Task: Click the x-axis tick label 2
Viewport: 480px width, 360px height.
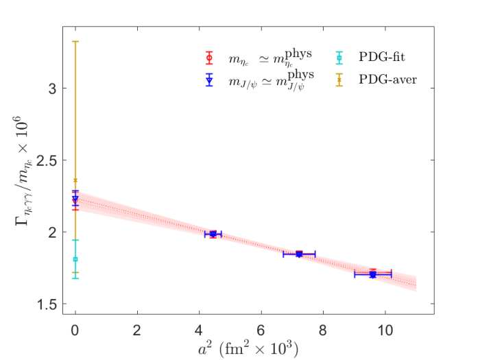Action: (x=137, y=331)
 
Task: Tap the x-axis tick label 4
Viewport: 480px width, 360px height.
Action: (x=199, y=331)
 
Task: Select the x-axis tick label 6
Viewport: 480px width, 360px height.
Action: (x=261, y=331)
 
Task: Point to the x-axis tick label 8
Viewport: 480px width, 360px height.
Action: (x=323, y=331)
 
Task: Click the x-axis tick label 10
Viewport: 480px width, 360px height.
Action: (x=385, y=331)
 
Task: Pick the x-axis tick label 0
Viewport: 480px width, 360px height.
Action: (x=75, y=331)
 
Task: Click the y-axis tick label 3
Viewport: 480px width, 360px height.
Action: (x=53, y=88)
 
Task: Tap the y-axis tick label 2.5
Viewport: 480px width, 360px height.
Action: (x=47, y=160)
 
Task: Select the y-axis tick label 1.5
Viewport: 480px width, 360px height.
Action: (x=47, y=304)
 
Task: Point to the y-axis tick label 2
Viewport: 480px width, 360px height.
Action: (x=53, y=232)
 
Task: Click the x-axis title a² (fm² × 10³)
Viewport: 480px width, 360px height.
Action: (x=248, y=348)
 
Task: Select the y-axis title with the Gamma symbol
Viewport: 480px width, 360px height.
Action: (x=22, y=171)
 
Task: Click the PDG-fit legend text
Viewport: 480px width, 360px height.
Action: (x=382, y=57)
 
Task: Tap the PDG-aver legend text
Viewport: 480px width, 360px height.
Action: (x=388, y=80)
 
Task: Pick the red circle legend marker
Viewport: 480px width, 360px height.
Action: (x=209, y=58)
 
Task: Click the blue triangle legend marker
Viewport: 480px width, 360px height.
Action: (x=209, y=80)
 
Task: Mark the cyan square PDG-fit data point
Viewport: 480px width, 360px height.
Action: (x=75, y=259)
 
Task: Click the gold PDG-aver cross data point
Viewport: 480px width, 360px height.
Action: (x=75, y=180)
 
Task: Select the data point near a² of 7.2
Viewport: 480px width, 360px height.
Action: (x=299, y=254)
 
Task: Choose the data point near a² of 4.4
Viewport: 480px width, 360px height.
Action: (x=213, y=235)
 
